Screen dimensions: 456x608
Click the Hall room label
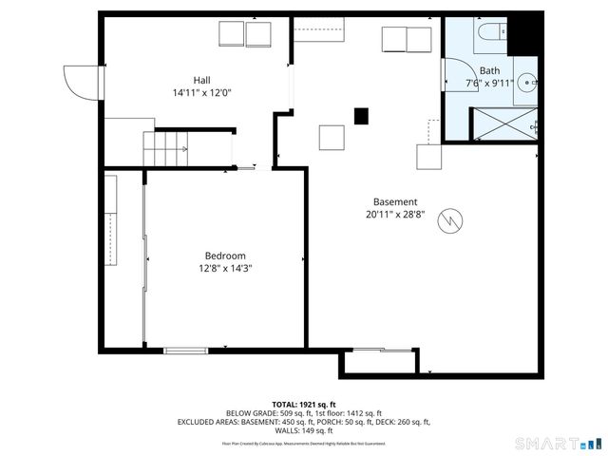point(201,80)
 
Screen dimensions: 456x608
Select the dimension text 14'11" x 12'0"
point(201,93)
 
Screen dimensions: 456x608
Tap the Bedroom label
point(225,256)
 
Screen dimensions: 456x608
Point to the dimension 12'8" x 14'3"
point(225,269)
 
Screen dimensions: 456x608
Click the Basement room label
point(394,201)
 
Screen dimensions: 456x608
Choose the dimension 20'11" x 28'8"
point(394,215)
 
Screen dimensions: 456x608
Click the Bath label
point(489,70)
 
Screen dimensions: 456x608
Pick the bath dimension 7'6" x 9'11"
point(489,84)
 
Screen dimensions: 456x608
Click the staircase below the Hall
point(166,147)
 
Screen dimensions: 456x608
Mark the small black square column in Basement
point(361,116)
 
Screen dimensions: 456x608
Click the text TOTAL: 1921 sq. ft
point(303,404)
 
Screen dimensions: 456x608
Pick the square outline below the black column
point(332,138)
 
